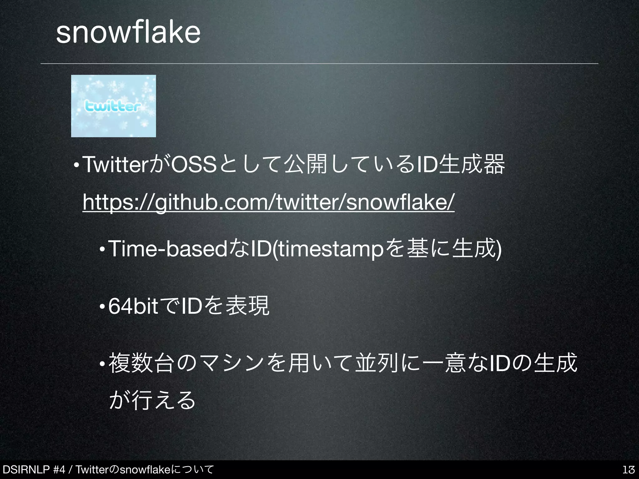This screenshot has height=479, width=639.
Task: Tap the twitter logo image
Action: (x=114, y=106)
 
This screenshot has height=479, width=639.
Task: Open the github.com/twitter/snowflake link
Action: (x=268, y=203)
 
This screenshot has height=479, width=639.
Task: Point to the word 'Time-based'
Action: (x=168, y=249)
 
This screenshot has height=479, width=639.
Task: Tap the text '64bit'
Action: (x=134, y=307)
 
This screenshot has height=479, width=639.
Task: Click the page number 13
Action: (x=628, y=470)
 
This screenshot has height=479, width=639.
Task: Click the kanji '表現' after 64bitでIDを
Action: (x=247, y=306)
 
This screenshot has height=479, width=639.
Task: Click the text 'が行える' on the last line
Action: (x=152, y=400)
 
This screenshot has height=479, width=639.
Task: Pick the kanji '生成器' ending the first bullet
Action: (x=471, y=164)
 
